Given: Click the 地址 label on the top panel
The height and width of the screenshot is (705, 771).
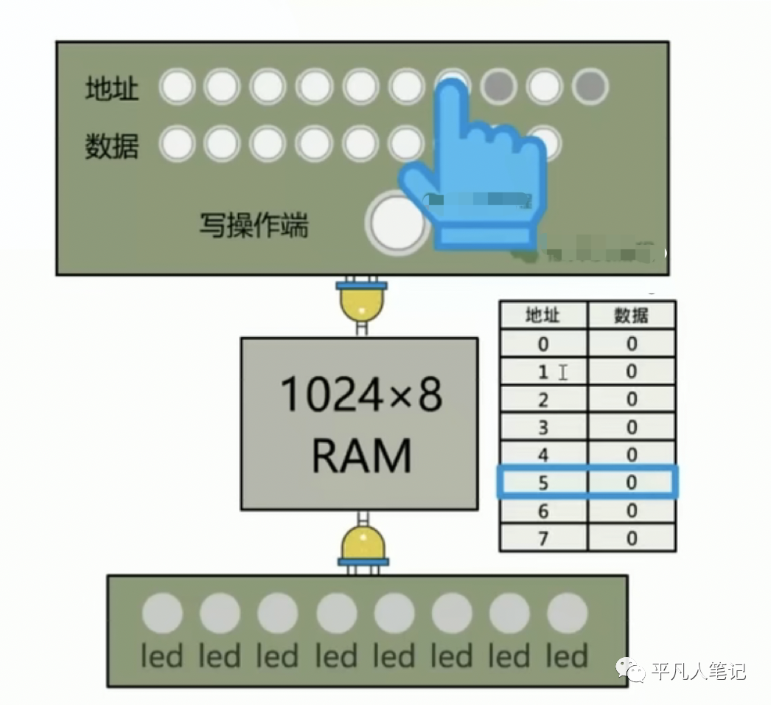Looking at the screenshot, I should click(x=111, y=89).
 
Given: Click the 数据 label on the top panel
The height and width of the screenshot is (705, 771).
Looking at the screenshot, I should click(x=111, y=147).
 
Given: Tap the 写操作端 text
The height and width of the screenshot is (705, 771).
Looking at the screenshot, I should click(x=254, y=225).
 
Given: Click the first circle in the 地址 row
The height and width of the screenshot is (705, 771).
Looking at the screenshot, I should click(x=177, y=87).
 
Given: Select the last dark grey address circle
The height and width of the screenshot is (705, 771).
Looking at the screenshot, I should click(x=590, y=87).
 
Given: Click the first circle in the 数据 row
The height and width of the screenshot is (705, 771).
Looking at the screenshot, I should click(x=177, y=144).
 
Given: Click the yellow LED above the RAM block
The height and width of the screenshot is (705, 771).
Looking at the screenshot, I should click(x=361, y=302).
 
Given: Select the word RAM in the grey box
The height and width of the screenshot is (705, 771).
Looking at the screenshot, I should click(x=360, y=455).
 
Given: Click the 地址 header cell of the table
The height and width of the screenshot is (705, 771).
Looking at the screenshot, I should click(x=543, y=316).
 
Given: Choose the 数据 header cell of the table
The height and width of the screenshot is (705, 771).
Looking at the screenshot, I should click(x=631, y=316).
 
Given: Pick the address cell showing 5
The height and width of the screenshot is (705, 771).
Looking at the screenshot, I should click(x=543, y=483).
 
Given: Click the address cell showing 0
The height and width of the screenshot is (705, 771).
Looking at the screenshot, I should click(x=543, y=344).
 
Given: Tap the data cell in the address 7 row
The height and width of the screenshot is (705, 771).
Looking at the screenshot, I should click(x=631, y=538).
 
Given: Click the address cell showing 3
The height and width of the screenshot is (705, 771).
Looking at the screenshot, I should click(x=543, y=427).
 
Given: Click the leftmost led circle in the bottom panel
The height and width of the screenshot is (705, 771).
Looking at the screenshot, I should click(x=162, y=614).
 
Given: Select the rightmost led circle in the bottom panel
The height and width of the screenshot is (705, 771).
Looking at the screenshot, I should click(x=568, y=614).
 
